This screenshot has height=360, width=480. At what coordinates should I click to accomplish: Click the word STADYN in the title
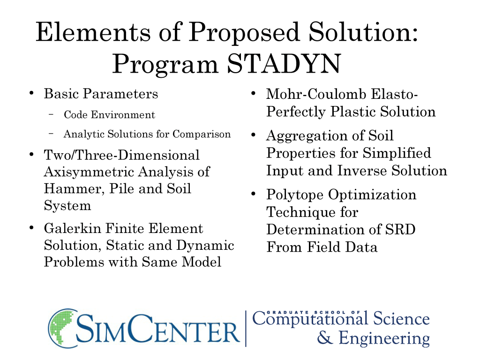[284, 64]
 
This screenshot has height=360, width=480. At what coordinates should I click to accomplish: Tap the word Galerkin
[72, 228]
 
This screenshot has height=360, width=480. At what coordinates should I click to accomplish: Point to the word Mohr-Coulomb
[316, 94]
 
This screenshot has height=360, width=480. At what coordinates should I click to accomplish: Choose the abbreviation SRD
[400, 229]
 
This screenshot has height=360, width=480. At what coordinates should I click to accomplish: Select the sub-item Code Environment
[109, 115]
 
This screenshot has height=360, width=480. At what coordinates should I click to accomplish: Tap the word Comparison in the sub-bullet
[202, 135]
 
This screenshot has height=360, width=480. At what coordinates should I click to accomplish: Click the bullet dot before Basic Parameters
[31, 93]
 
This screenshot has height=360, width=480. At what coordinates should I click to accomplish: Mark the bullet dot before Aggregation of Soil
[253, 135]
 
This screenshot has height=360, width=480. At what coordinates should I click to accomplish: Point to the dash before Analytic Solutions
[51, 134]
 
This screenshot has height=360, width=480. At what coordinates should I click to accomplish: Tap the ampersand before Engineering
[325, 337]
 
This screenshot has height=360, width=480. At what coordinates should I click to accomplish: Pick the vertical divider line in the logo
[246, 329]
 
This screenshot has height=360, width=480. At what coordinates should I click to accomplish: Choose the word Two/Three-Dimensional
[121, 155]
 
